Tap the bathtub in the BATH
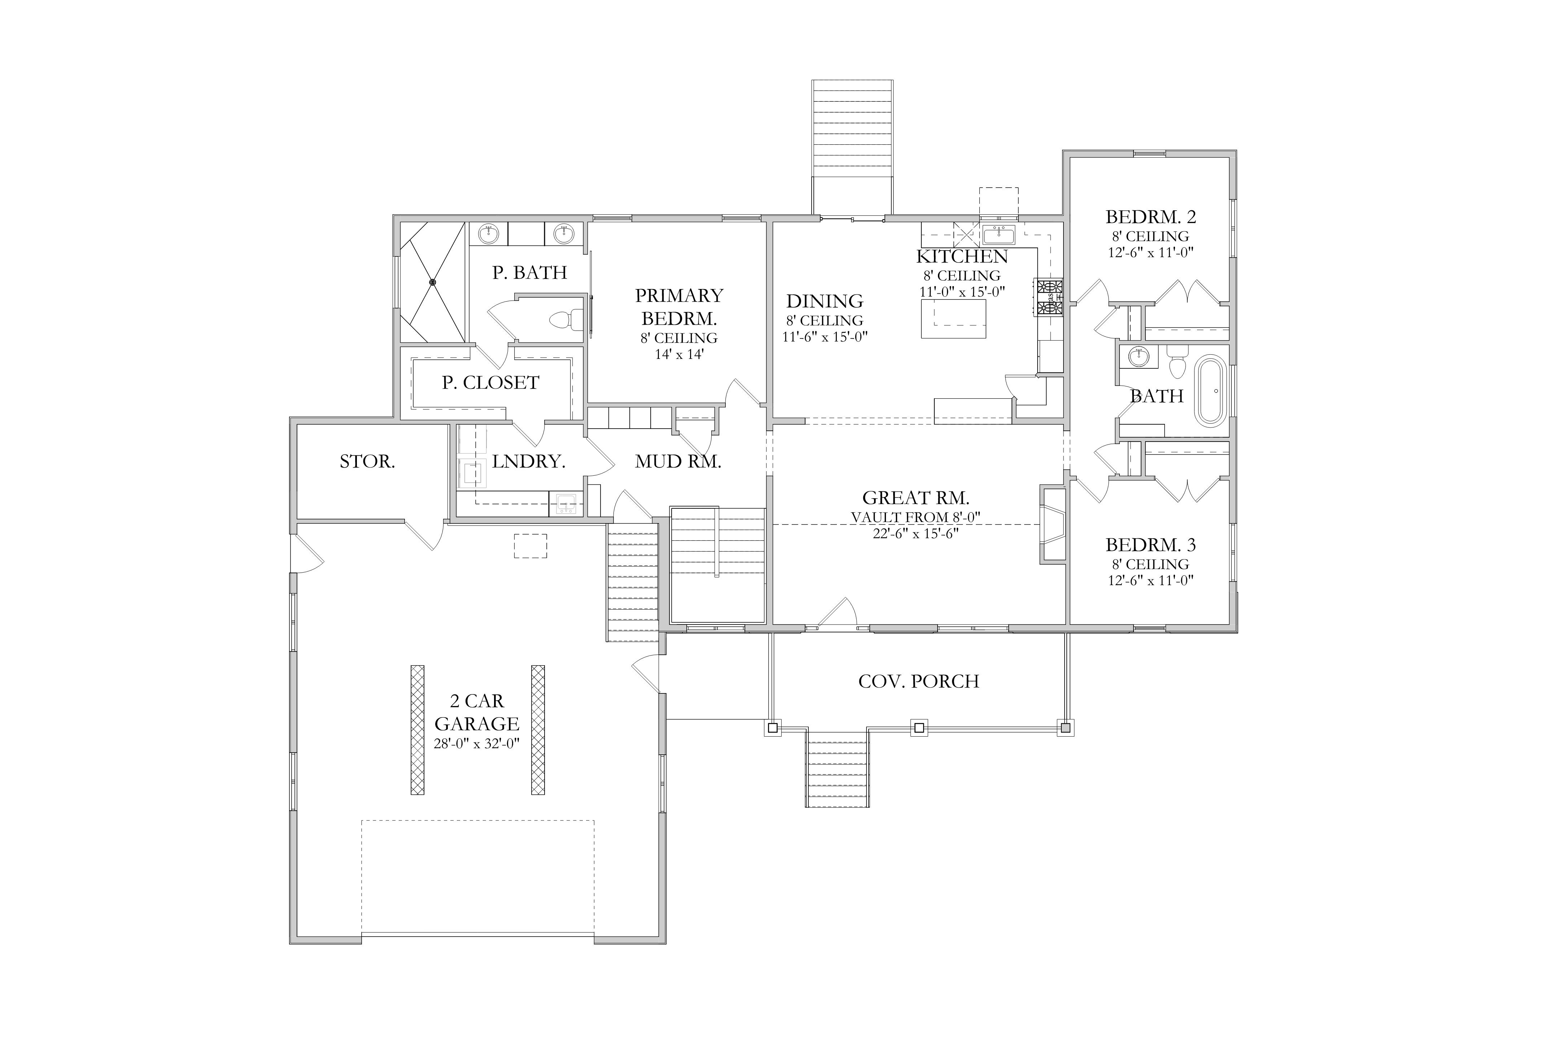click(x=1210, y=391)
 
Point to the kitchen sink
click(x=999, y=234)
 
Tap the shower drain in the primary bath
click(x=433, y=282)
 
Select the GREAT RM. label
click(x=916, y=497)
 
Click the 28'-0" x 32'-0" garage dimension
click(x=477, y=744)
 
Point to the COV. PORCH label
click(x=919, y=681)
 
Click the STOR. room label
click(x=367, y=462)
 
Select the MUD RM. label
click(x=678, y=462)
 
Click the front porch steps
click(x=837, y=768)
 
